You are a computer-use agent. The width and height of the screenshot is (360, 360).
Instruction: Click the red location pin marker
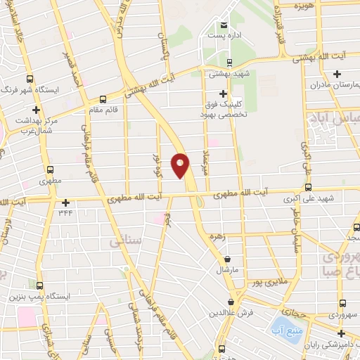tap(181, 165)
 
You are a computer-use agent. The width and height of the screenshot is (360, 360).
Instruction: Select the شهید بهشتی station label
tap(225, 72)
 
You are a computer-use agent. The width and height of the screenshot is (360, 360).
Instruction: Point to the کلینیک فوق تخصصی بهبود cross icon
tap(224, 94)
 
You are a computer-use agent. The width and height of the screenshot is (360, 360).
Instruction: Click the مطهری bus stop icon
tap(50, 169)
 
